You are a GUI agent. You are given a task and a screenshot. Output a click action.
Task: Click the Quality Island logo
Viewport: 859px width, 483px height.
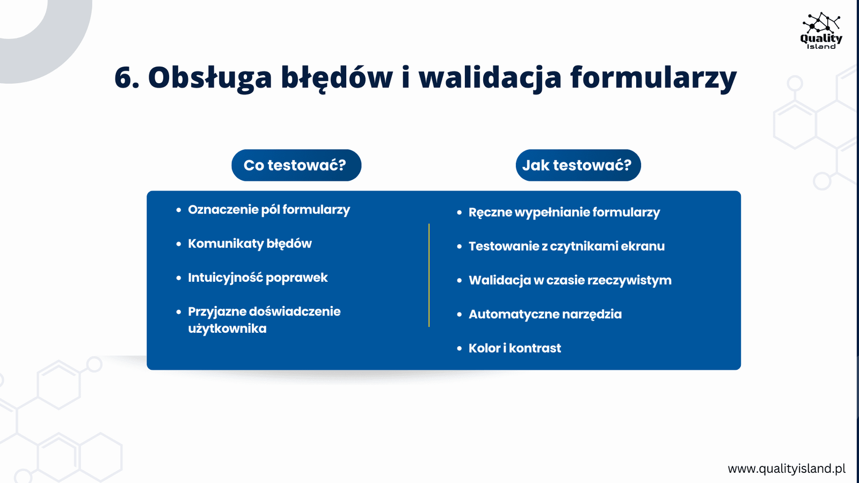(821, 31)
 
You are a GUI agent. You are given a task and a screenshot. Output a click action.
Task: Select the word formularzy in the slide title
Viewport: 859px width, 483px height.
(653, 78)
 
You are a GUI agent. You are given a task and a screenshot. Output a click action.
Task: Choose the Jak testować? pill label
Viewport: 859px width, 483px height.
(578, 165)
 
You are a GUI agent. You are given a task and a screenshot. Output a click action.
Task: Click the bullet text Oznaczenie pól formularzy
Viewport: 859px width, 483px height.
(269, 210)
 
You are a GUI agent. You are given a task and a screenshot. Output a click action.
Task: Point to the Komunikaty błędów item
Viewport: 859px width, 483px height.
(250, 244)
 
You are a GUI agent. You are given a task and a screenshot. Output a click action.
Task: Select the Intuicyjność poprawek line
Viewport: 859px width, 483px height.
(258, 277)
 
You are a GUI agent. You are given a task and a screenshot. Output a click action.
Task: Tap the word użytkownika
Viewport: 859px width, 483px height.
(227, 328)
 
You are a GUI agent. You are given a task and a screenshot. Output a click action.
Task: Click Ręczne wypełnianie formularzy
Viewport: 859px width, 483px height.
(564, 213)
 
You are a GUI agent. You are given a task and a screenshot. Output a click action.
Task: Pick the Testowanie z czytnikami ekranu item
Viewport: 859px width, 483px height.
(566, 246)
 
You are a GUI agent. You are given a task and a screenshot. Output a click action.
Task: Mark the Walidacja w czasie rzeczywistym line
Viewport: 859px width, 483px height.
(570, 280)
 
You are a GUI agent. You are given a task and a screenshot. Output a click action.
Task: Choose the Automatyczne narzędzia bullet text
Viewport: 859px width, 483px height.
(545, 314)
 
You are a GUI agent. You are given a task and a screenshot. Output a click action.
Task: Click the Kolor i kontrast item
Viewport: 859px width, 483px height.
(515, 348)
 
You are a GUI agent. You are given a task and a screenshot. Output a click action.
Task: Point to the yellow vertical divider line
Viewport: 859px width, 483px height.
(429, 275)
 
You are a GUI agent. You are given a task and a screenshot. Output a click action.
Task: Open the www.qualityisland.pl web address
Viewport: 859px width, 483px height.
(787, 469)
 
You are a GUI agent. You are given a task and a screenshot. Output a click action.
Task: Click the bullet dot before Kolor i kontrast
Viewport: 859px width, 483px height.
(460, 348)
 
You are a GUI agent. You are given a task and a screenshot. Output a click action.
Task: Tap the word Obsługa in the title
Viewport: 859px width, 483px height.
(210, 78)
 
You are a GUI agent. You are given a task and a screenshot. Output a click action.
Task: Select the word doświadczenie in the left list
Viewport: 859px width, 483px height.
(295, 312)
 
